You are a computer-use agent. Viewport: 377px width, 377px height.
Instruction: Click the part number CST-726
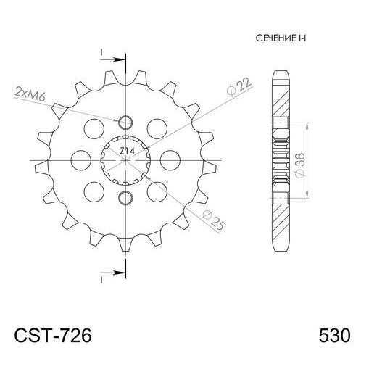53,337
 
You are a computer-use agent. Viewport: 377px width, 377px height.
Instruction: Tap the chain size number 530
335,337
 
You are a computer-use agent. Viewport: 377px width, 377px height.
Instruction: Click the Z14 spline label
126,150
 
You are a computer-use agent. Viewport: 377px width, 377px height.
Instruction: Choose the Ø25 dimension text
215,220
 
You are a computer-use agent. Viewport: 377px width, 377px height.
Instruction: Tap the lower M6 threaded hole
125,198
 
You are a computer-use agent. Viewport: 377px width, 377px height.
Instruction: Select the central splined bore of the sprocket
125,159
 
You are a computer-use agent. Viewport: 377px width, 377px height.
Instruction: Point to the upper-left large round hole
94,128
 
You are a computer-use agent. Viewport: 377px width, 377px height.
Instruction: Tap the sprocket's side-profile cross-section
281,159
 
